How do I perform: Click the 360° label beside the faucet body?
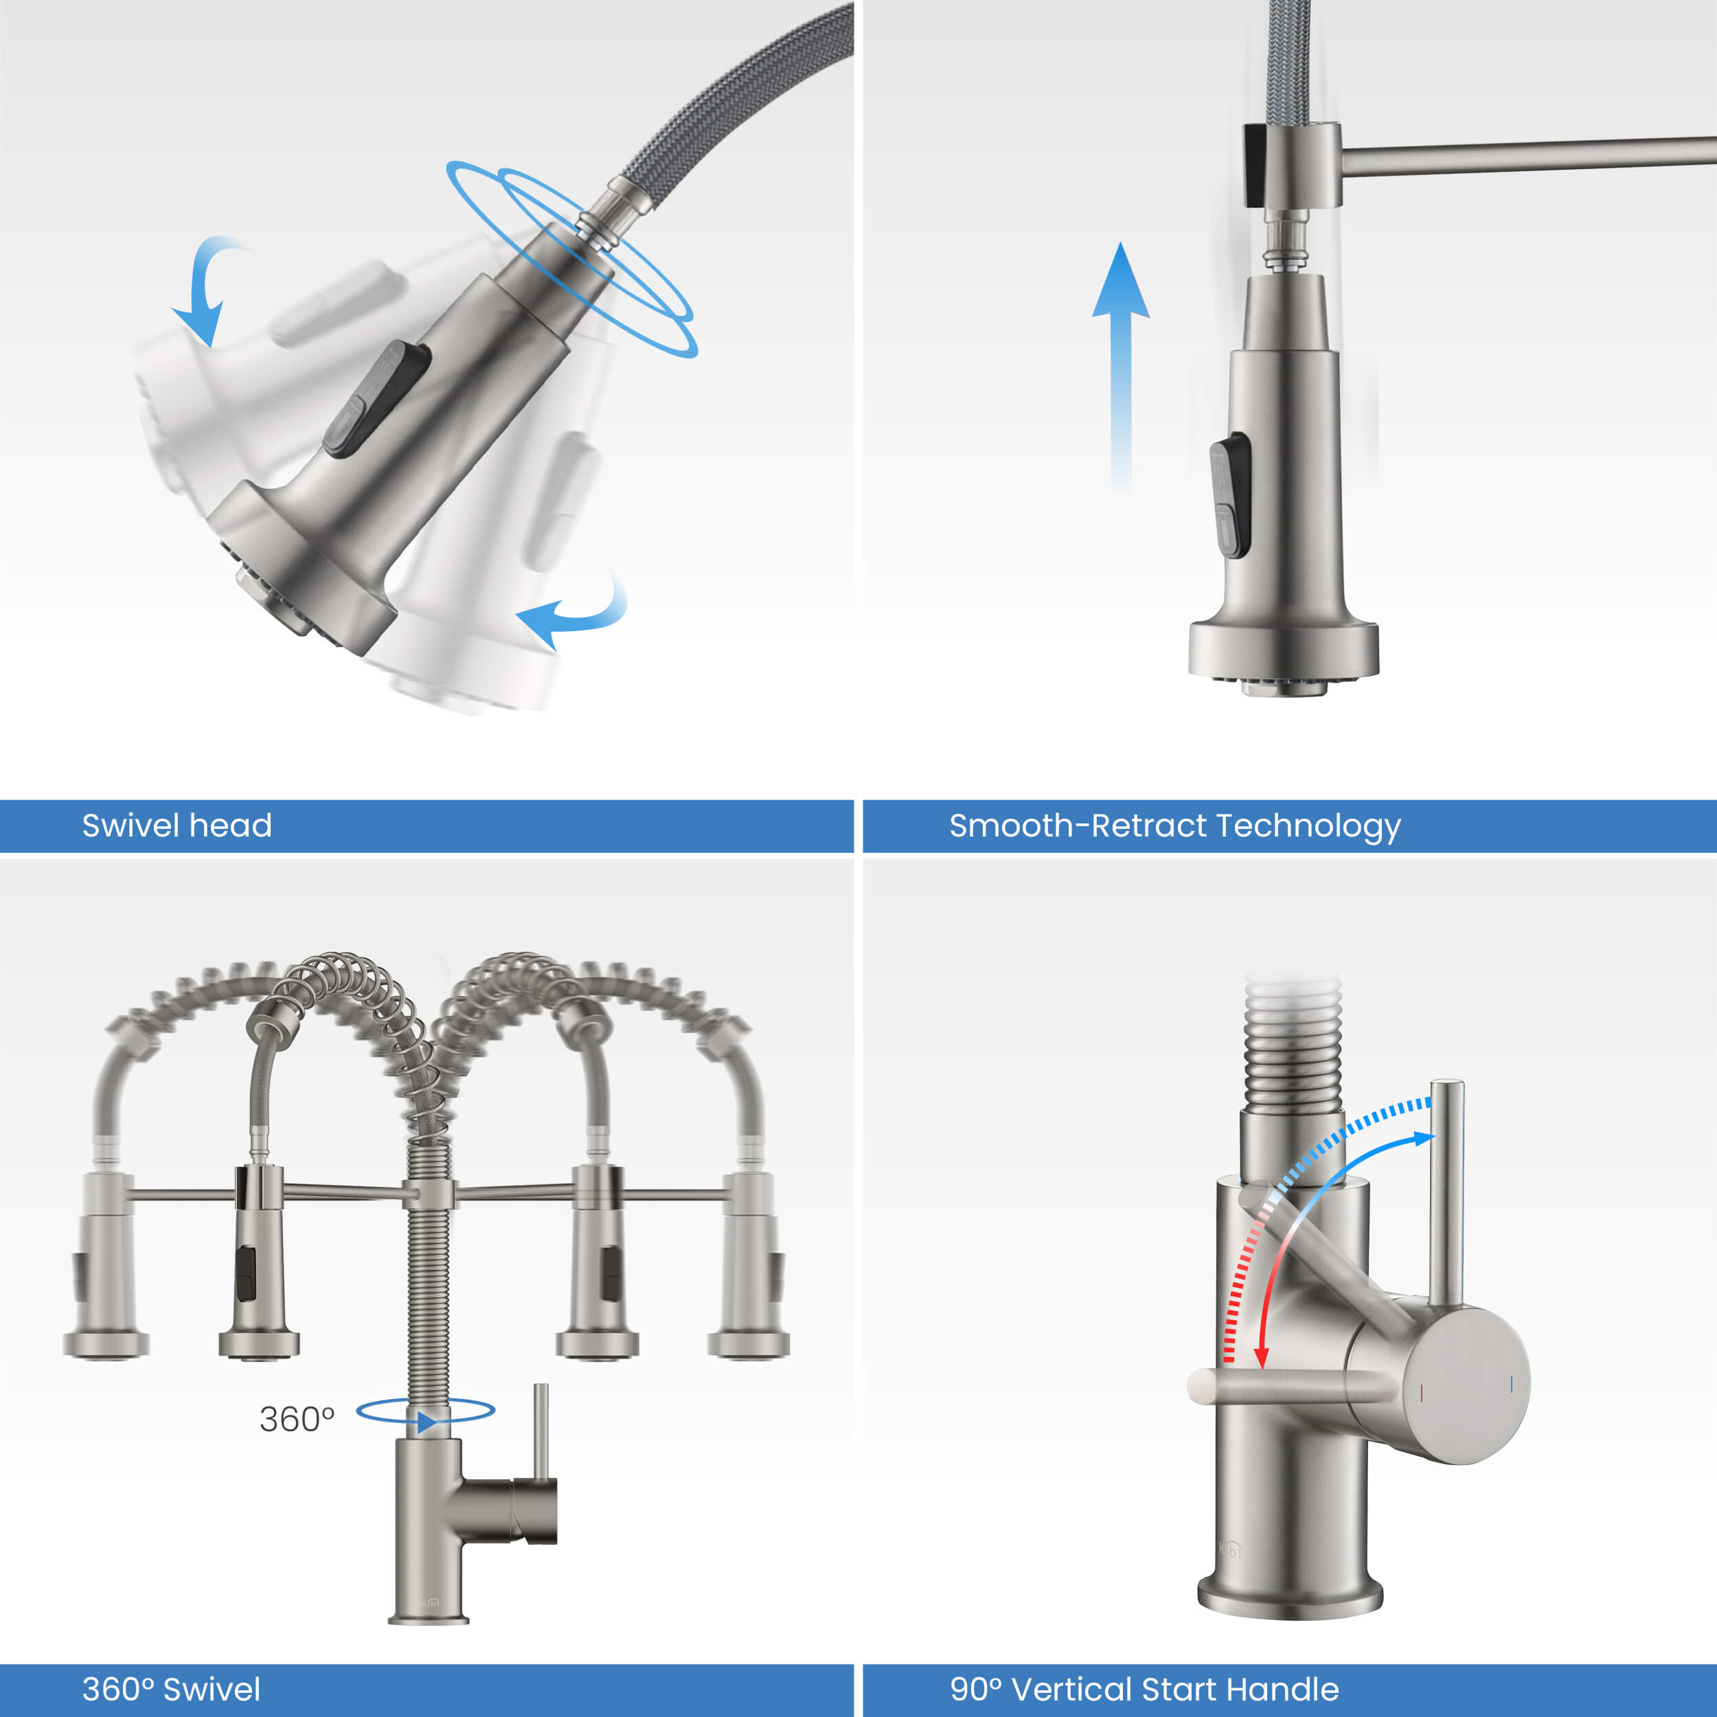pyautogui.click(x=297, y=1420)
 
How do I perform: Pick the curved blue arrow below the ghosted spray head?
pyautogui.click(x=573, y=613)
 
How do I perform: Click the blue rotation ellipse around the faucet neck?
pyautogui.click(x=425, y=1411)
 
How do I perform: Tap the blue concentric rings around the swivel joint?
pyautogui.click(x=573, y=258)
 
